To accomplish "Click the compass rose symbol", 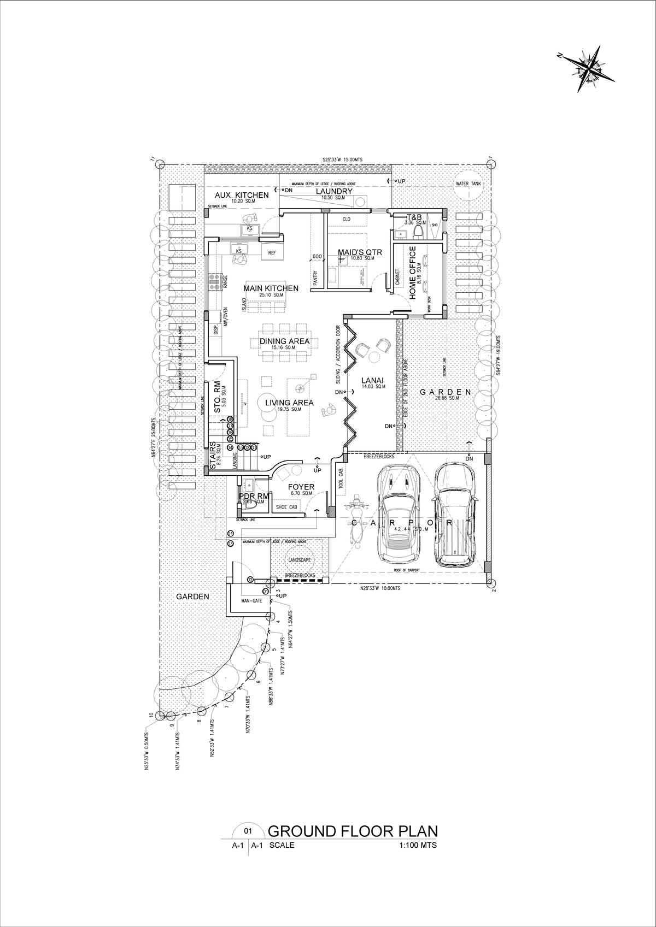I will pos(587,67).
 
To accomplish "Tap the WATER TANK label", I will pos(468,184).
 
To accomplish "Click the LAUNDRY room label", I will pos(335,191).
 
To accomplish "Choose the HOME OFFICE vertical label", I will pos(413,272).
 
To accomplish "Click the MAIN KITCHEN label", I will pos(271,288).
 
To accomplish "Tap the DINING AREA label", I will pos(284,341).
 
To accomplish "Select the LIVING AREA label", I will pos(289,403).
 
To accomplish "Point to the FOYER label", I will pos(301,487).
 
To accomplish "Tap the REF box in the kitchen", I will pos(272,253).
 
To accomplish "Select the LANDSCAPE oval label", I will pos(300,561).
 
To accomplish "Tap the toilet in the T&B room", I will pos(419,232).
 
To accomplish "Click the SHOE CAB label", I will pos(286,507).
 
